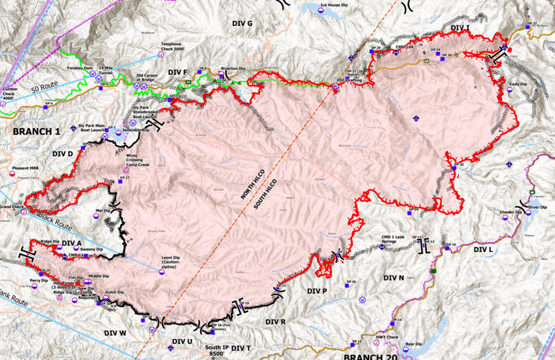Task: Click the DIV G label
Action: point(242,24)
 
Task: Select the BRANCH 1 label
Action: point(36,132)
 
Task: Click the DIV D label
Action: point(63,153)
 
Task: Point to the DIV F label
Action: point(177,73)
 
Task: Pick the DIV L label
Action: point(484,250)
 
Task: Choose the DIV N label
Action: point(394,278)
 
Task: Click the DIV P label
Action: point(317,291)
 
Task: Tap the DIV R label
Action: point(276,321)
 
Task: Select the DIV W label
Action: point(115,333)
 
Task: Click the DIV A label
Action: point(72,243)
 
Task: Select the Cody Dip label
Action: point(515,84)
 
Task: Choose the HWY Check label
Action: point(387,337)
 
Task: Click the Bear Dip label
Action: point(413,344)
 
